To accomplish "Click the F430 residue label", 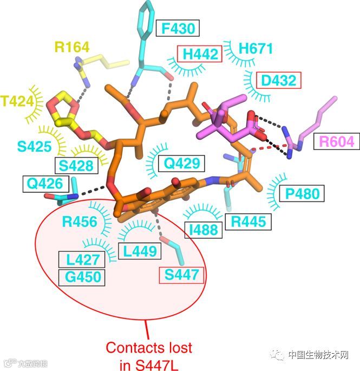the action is (177, 28).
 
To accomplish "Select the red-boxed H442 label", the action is (200, 54).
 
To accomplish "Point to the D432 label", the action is (278, 81).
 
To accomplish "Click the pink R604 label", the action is (336, 142).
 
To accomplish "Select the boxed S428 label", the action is (77, 166).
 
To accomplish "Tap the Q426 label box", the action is (46, 184).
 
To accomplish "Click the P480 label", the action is (299, 193).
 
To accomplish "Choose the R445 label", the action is (248, 221).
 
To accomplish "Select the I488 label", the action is (203, 231).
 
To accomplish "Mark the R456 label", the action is (79, 222).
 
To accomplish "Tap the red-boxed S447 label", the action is (181, 275).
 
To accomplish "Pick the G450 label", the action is (83, 277).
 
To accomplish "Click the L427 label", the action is (79, 259).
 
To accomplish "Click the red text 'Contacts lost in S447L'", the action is (148, 354).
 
